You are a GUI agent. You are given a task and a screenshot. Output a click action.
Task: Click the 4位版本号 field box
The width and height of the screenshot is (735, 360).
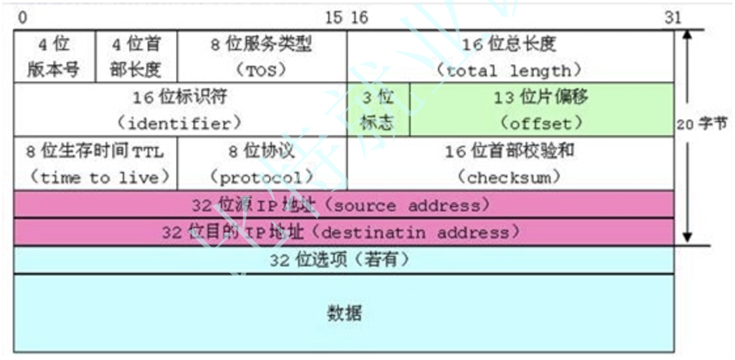pyautogui.click(x=54, y=56)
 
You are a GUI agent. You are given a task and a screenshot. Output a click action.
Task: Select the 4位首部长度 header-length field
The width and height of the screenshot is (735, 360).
pyautogui.click(x=136, y=56)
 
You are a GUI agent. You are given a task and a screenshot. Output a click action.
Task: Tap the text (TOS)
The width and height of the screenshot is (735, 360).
pyautogui.click(x=261, y=70)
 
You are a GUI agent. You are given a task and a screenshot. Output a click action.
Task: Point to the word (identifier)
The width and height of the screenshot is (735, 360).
pyautogui.click(x=179, y=123)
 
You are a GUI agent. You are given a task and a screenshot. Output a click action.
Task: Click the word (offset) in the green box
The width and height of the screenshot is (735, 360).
pyautogui.click(x=541, y=123)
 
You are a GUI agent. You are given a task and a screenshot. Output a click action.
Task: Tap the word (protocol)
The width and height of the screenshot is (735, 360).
pyautogui.click(x=262, y=177)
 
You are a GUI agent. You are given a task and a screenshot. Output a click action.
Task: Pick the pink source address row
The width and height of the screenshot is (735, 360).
pyautogui.click(x=344, y=205)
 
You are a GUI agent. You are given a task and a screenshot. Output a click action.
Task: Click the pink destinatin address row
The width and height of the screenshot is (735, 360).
pyautogui.click(x=344, y=232)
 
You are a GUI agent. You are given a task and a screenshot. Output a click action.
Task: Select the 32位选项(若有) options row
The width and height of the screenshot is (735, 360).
pyautogui.click(x=344, y=260)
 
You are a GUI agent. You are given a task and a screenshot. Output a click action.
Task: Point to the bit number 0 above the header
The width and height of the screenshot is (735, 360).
pyautogui.click(x=22, y=17)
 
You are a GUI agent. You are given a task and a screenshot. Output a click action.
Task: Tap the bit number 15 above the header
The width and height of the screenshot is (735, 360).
pyautogui.click(x=333, y=17)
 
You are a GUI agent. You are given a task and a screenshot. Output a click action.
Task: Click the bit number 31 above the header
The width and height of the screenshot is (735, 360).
pyautogui.click(x=672, y=17)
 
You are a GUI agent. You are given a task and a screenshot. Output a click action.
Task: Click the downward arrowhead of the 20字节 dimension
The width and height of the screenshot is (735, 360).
pyautogui.click(x=687, y=237)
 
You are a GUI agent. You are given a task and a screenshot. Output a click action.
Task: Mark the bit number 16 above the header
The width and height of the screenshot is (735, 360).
pyautogui.click(x=359, y=17)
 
